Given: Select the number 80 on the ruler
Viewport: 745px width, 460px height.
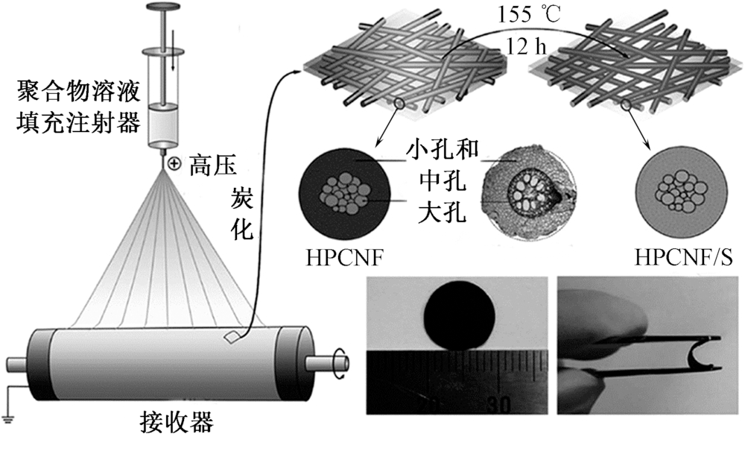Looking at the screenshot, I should (x=498, y=403).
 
